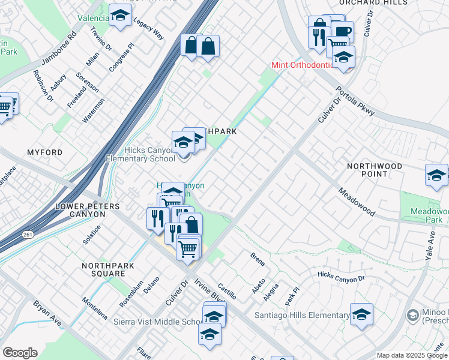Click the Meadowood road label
pos(356,202)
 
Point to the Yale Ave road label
pos(430,247)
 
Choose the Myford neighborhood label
pos(44,153)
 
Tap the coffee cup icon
pos(343,31)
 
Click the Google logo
pos(20,353)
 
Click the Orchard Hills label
pos(385,3)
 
